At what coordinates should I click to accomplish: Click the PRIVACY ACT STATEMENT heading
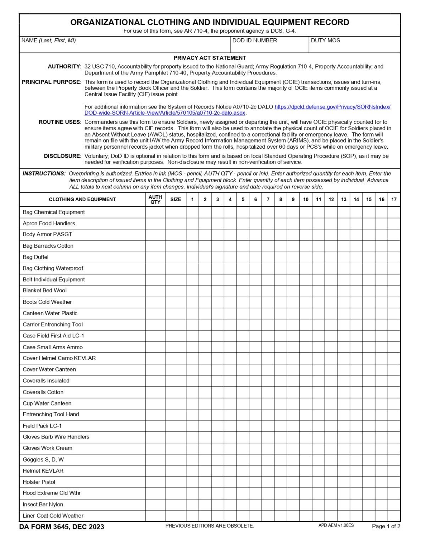coord(210,58)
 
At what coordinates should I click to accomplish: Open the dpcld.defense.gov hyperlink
coord(332,107)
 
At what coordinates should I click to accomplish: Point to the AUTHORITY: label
coord(65,67)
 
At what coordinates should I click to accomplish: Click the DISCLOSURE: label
coord(63,156)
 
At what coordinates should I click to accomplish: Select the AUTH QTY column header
coord(155,199)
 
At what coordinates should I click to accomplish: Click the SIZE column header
coord(176,199)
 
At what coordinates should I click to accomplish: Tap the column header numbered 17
coord(394,199)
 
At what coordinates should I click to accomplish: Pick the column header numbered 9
coord(293,199)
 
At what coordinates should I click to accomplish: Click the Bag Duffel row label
coord(35,257)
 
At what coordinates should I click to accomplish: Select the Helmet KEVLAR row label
coord(43,471)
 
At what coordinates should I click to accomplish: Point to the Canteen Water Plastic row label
coord(50,313)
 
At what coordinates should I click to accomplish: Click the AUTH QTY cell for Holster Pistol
coord(155,482)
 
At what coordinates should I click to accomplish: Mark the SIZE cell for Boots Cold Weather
coord(176,302)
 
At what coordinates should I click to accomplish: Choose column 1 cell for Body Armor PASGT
coord(192,235)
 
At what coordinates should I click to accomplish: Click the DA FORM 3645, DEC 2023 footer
coord(62,527)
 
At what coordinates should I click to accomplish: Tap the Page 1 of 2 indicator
coord(386,527)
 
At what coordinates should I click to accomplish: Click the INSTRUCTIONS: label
coord(44,174)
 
